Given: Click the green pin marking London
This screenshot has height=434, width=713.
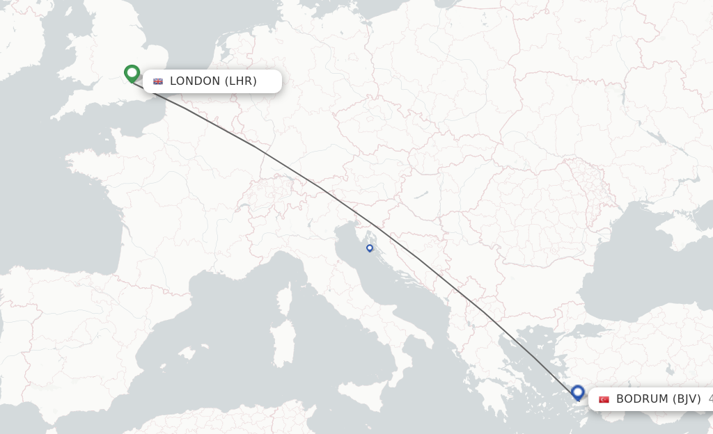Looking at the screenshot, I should (x=132, y=73).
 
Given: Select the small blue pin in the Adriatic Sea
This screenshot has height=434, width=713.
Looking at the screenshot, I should (x=370, y=248).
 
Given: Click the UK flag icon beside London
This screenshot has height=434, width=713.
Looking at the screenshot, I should (x=158, y=81).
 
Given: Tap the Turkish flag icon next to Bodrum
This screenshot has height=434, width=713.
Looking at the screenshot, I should (x=604, y=399).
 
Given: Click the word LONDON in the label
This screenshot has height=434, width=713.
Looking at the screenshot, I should (x=195, y=81).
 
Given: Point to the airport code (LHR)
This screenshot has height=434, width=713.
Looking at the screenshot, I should (x=241, y=81).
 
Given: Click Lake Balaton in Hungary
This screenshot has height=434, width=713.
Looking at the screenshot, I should (x=421, y=195).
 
